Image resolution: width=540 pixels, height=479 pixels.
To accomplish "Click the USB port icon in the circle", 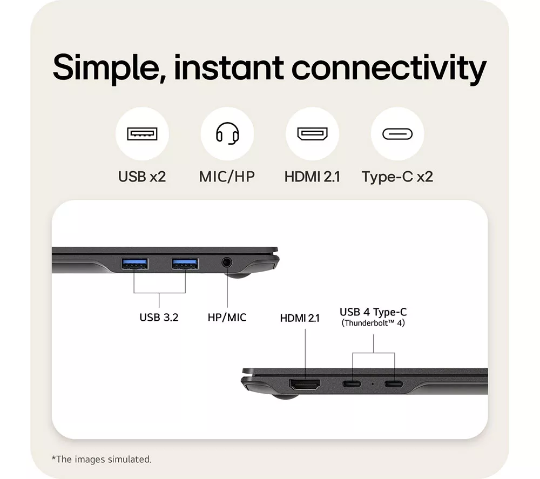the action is (142, 133).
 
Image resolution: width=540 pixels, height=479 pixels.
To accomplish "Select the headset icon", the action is (227, 133).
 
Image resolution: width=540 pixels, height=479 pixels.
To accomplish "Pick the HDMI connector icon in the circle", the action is (312, 133).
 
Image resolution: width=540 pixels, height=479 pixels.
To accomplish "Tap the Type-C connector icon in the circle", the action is (397, 134).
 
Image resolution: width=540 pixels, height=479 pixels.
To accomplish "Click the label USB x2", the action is (142, 177).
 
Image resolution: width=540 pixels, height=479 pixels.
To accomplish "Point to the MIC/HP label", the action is (227, 177).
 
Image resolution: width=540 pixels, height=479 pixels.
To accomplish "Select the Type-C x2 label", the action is (397, 177).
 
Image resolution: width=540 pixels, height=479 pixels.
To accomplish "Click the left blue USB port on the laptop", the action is (134, 264).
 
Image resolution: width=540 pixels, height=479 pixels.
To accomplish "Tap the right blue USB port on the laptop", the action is (185, 264).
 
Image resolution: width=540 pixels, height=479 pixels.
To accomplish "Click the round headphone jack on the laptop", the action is (226, 263).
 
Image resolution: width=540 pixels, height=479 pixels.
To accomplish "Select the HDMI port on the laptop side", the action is (305, 384).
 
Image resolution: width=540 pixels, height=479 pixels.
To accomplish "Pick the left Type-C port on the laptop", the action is (352, 383).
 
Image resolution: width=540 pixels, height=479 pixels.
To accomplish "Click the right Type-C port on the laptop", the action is (394, 383).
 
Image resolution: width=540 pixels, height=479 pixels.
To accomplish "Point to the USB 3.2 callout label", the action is (159, 317).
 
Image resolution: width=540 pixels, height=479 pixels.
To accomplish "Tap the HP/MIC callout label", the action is (227, 317).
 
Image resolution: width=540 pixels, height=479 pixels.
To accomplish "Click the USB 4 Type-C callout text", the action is (373, 312).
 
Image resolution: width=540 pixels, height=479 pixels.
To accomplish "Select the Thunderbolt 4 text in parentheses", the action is (373, 323).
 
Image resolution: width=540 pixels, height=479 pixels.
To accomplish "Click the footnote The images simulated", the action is (102, 459).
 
